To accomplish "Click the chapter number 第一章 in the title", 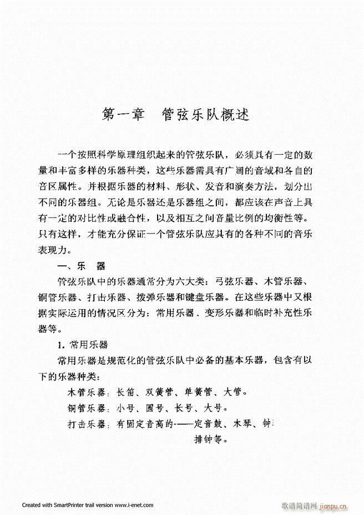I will pyautogui.click(x=124, y=115).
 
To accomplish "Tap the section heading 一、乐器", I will pyautogui.click(x=81, y=265).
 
